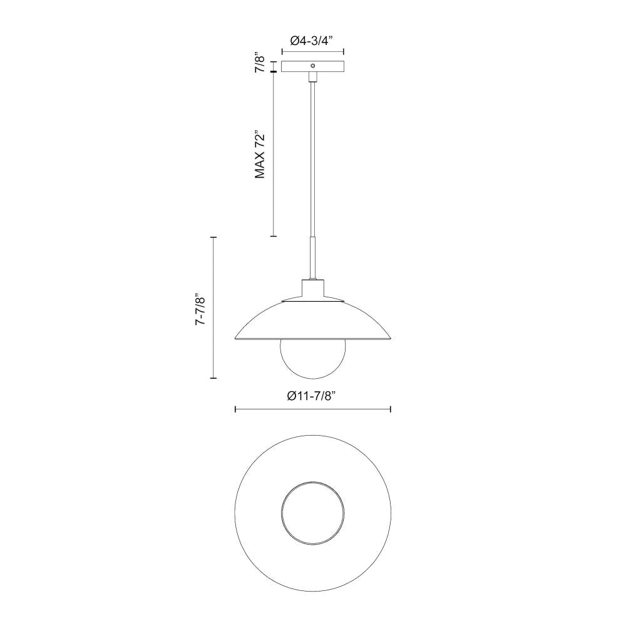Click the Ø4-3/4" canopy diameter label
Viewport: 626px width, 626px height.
[313, 41]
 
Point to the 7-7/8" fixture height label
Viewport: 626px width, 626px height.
[201, 307]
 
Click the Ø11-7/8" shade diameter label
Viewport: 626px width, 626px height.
[313, 396]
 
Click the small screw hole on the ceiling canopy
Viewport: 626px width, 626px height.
[314, 64]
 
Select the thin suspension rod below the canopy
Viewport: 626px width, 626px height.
[313, 156]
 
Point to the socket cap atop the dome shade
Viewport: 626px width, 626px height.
[313, 289]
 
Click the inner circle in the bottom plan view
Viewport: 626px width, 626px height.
[313, 514]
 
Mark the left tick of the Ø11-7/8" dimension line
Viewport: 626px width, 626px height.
[235, 409]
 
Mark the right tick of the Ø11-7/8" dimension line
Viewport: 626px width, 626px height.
[391, 409]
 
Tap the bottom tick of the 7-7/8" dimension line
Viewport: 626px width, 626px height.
[213, 378]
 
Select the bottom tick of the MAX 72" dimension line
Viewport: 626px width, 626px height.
[273, 236]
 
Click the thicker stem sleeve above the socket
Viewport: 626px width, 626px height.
[313, 257]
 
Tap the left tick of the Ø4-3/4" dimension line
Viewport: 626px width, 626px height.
[282, 53]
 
